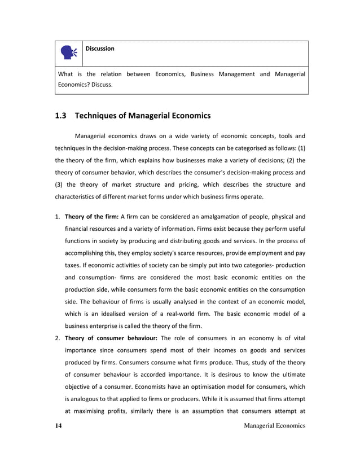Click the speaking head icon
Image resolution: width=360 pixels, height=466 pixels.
(x=69, y=52)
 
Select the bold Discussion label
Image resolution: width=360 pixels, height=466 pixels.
(x=100, y=49)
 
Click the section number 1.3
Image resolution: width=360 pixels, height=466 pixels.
(x=61, y=116)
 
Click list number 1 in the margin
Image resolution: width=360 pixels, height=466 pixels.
(x=57, y=216)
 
